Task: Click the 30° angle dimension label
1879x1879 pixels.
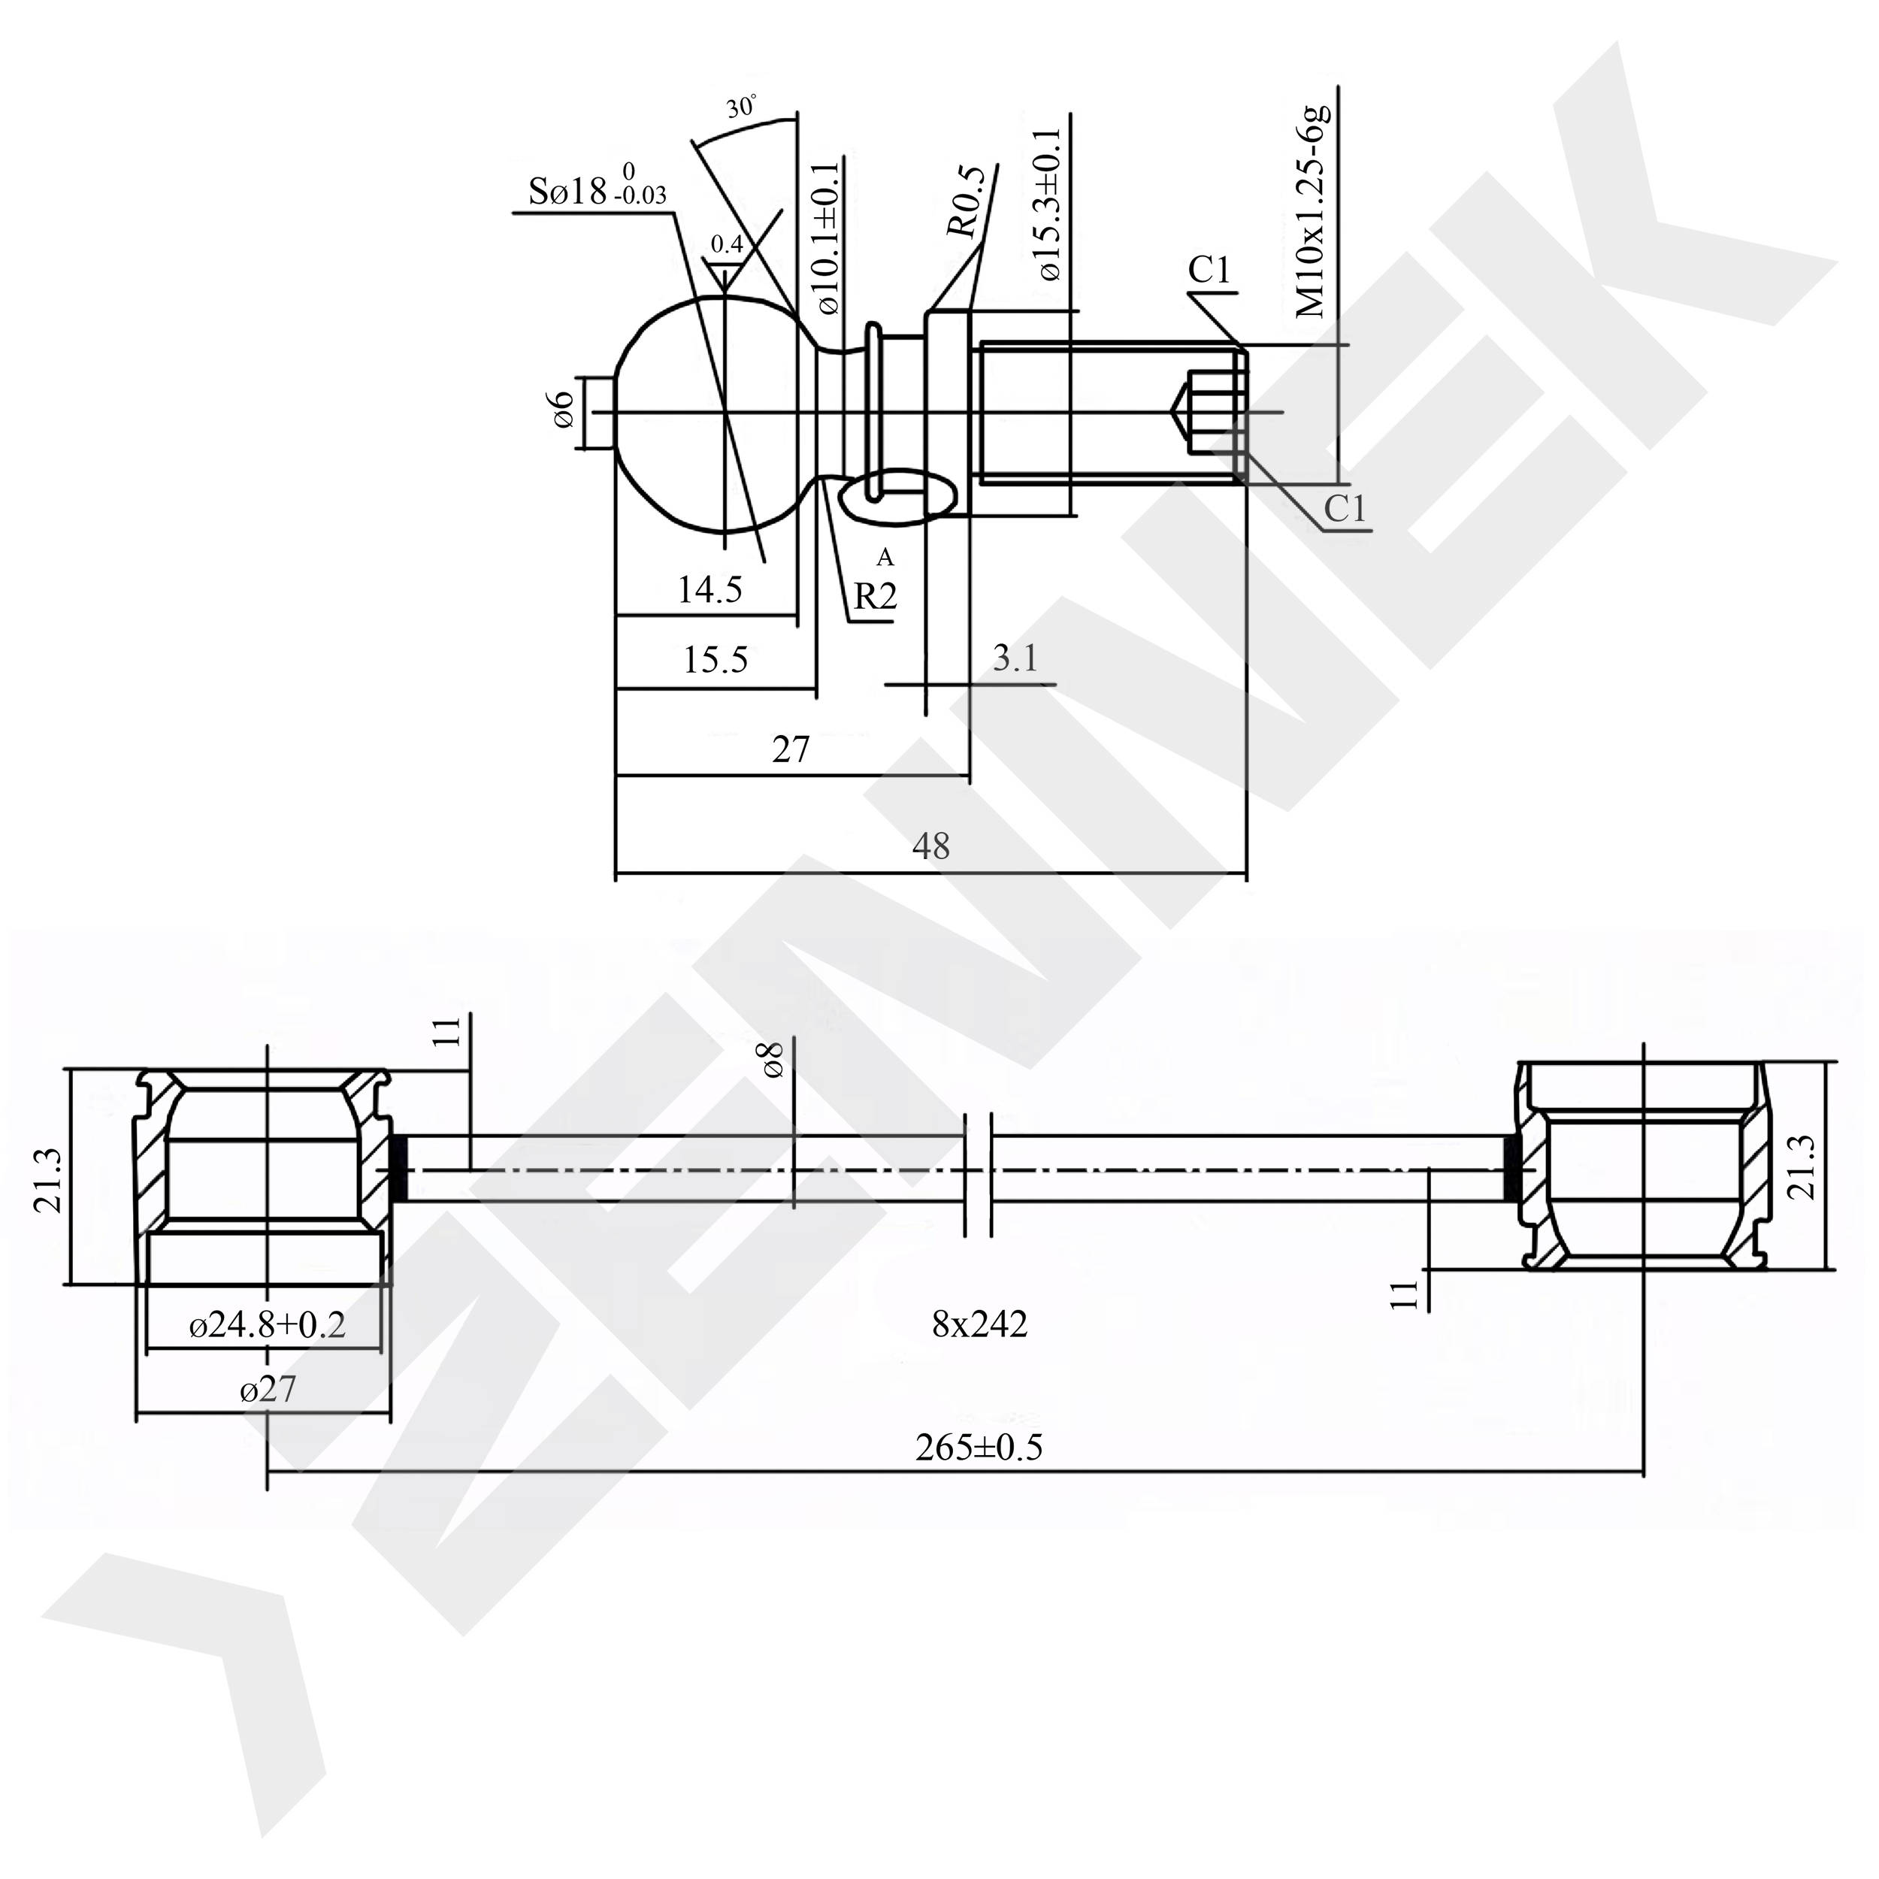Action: [x=741, y=107]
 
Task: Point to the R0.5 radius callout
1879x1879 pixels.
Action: [x=968, y=202]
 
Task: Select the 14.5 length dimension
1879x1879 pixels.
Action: [x=709, y=589]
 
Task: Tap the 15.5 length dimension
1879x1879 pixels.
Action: [x=715, y=661]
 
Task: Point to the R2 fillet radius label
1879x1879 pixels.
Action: [x=874, y=596]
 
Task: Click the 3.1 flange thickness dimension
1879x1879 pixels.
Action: [x=1015, y=658]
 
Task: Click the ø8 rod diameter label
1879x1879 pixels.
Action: [x=774, y=1060]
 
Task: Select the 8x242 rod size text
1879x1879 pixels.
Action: [x=979, y=1324]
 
